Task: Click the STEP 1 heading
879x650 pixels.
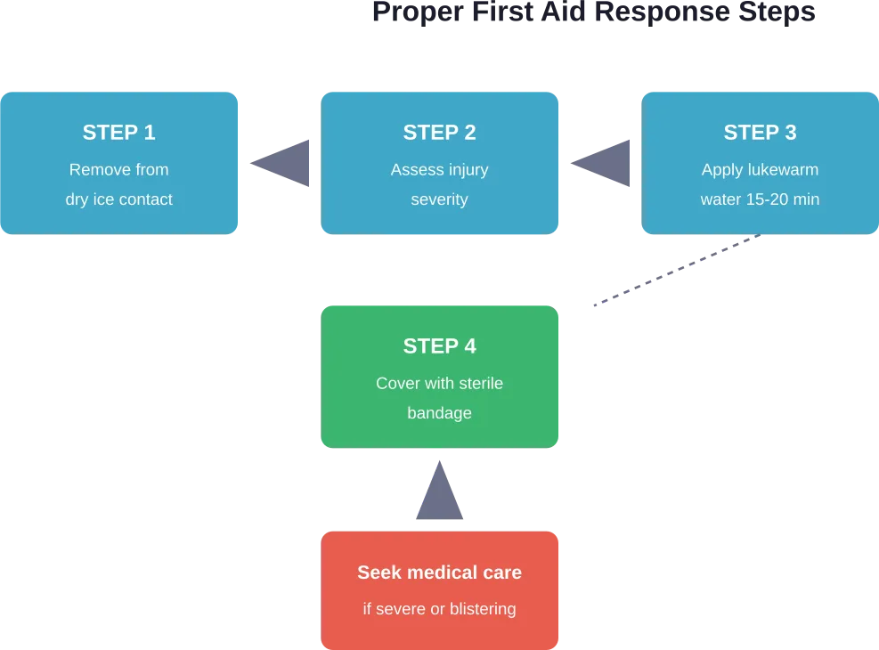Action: tap(118, 133)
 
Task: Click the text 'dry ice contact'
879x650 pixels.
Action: tap(118, 199)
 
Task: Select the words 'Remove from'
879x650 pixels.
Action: tap(118, 170)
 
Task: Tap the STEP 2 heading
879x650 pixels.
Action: tap(439, 133)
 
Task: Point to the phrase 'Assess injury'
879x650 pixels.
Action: tap(439, 170)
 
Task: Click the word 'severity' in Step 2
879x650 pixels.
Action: tap(439, 199)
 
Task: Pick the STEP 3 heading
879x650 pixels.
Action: tap(760, 133)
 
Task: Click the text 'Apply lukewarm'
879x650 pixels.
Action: tap(760, 170)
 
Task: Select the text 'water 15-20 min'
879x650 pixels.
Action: tap(760, 199)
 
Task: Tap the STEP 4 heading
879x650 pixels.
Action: tap(439, 346)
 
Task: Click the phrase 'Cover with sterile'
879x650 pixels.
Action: tap(439, 384)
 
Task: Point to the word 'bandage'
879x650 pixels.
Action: tap(439, 413)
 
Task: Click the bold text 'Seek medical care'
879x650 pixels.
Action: tap(439, 573)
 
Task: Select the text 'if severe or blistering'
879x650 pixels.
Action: tap(439, 610)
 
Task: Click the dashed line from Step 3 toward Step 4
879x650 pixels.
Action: tap(677, 272)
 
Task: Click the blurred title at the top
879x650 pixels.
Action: tap(594, 12)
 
